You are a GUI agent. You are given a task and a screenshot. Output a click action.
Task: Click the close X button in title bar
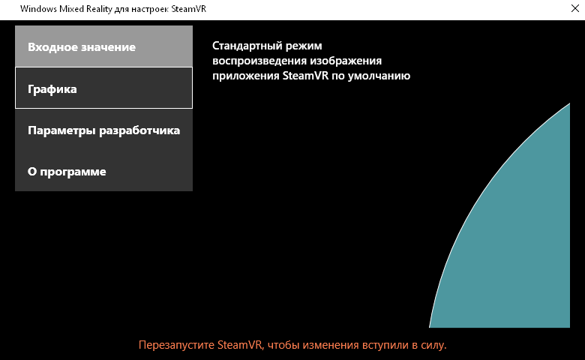575,8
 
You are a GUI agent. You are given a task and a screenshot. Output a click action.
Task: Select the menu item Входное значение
103,46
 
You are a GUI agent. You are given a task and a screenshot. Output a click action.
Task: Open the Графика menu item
103,88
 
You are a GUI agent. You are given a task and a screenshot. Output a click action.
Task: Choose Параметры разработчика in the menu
103,130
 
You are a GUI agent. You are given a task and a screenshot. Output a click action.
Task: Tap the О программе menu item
103,171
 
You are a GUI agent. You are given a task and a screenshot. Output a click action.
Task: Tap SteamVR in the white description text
305,76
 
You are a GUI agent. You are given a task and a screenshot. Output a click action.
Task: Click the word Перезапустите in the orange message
176,345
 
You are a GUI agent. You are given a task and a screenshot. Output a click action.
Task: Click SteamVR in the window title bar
189,8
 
